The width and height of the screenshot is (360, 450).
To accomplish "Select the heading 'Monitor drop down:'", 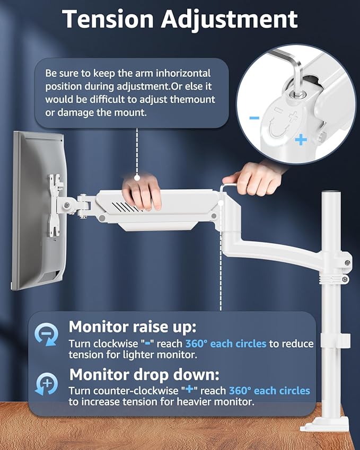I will click(x=144, y=374).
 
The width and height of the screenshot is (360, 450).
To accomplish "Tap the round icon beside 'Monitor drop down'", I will click(x=46, y=383).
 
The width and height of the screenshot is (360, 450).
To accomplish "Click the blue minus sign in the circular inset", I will click(x=254, y=117).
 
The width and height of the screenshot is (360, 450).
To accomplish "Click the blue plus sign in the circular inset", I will click(x=301, y=140).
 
